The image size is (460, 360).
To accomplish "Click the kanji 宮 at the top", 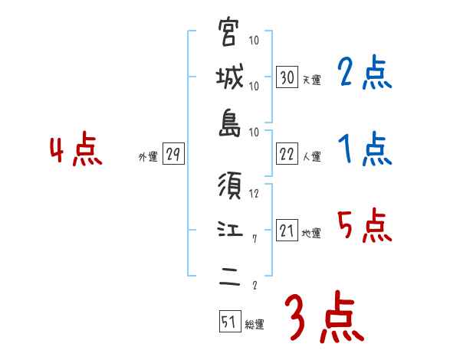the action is (229, 34).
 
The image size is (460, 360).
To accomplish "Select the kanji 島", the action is (229, 124).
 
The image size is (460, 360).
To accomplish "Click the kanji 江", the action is (229, 231).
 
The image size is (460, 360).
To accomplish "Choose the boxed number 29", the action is (172, 155).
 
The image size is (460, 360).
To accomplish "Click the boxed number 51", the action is (228, 322).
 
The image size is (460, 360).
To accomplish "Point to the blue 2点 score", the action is (364, 74).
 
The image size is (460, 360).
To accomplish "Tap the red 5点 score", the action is (364, 225).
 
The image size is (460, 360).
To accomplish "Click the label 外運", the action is (147, 157).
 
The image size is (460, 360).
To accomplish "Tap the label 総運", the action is (255, 325).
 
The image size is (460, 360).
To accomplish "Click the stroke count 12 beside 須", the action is (255, 193).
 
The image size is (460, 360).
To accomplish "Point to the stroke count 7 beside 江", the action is (254, 239).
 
